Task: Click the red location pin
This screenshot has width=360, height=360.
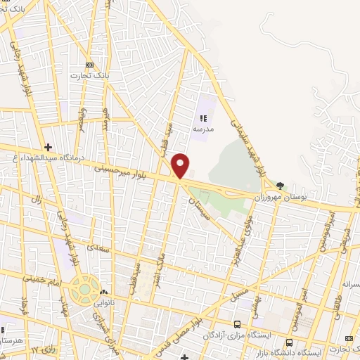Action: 181,165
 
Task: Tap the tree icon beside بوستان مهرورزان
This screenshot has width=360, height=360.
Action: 281,185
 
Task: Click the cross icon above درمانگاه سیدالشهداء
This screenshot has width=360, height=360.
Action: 48,146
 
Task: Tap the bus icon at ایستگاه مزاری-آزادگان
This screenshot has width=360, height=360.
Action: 237,324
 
